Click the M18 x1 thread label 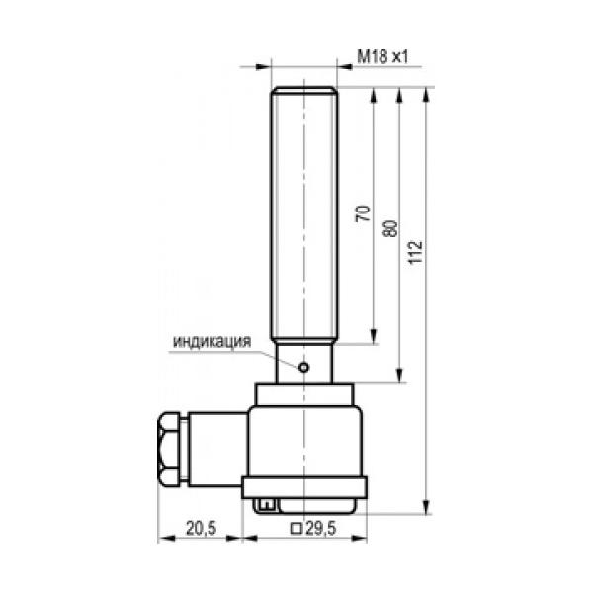[x=382, y=56]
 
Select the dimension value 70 [x=363, y=213]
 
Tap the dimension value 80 [x=390, y=229]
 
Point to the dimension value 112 [x=415, y=252]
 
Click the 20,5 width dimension [x=201, y=528]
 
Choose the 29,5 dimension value [x=320, y=528]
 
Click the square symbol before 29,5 [x=296, y=529]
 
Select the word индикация [x=212, y=341]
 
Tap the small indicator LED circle [x=303, y=367]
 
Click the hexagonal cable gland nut [x=168, y=450]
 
